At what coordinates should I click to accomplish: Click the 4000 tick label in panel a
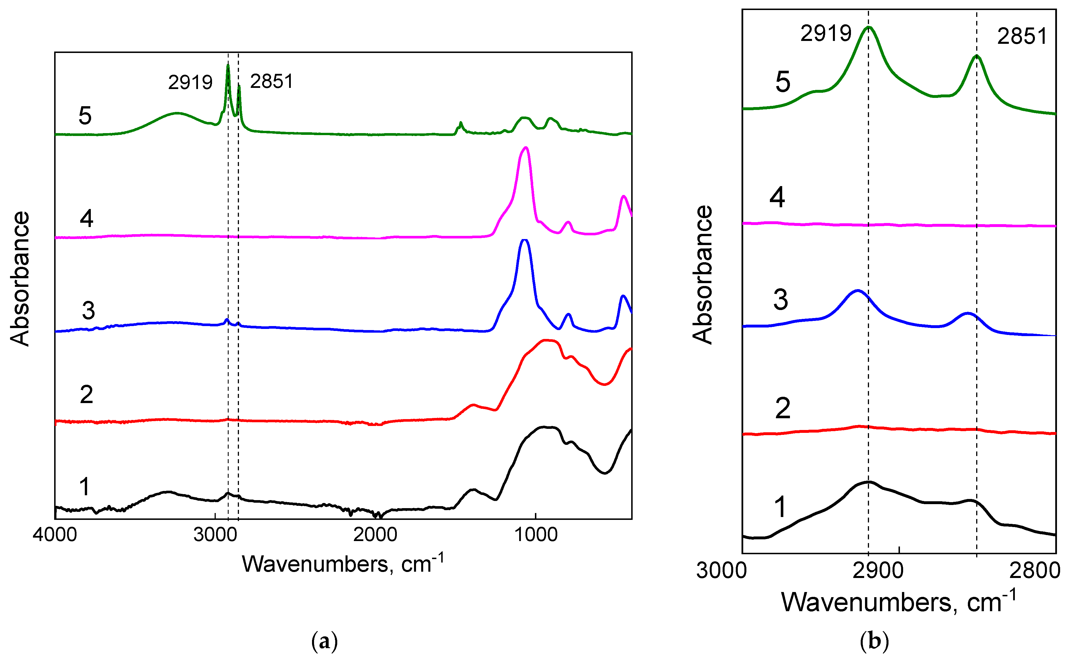coord(55,535)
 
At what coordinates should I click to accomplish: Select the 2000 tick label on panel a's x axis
coord(375,535)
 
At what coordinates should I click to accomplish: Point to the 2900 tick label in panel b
coord(878,571)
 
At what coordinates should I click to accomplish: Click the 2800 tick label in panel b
coord(1035,571)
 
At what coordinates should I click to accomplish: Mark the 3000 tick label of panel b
coord(721,571)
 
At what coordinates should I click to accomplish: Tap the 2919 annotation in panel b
coord(826,33)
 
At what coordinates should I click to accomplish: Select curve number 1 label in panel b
coord(780,507)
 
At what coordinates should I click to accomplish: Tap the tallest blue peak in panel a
coord(525,240)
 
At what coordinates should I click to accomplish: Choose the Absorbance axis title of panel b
coord(702,275)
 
